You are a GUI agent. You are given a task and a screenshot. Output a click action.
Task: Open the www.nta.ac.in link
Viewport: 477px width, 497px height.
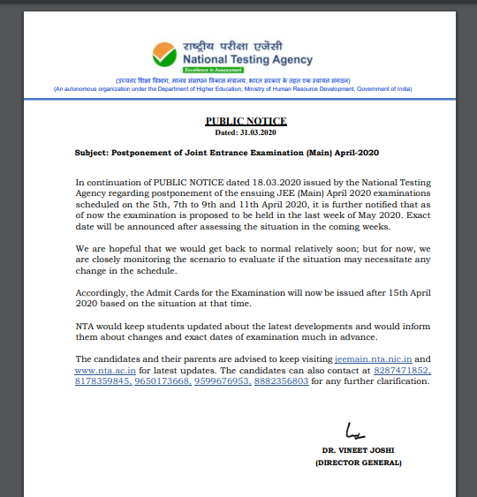tap(107, 371)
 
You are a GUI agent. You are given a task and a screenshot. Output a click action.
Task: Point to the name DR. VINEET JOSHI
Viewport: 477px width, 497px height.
tap(360, 451)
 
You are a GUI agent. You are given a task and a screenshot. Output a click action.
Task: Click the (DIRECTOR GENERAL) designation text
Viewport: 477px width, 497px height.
tap(361, 463)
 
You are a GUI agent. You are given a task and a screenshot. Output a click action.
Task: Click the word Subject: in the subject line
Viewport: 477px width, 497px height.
tap(94, 153)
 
